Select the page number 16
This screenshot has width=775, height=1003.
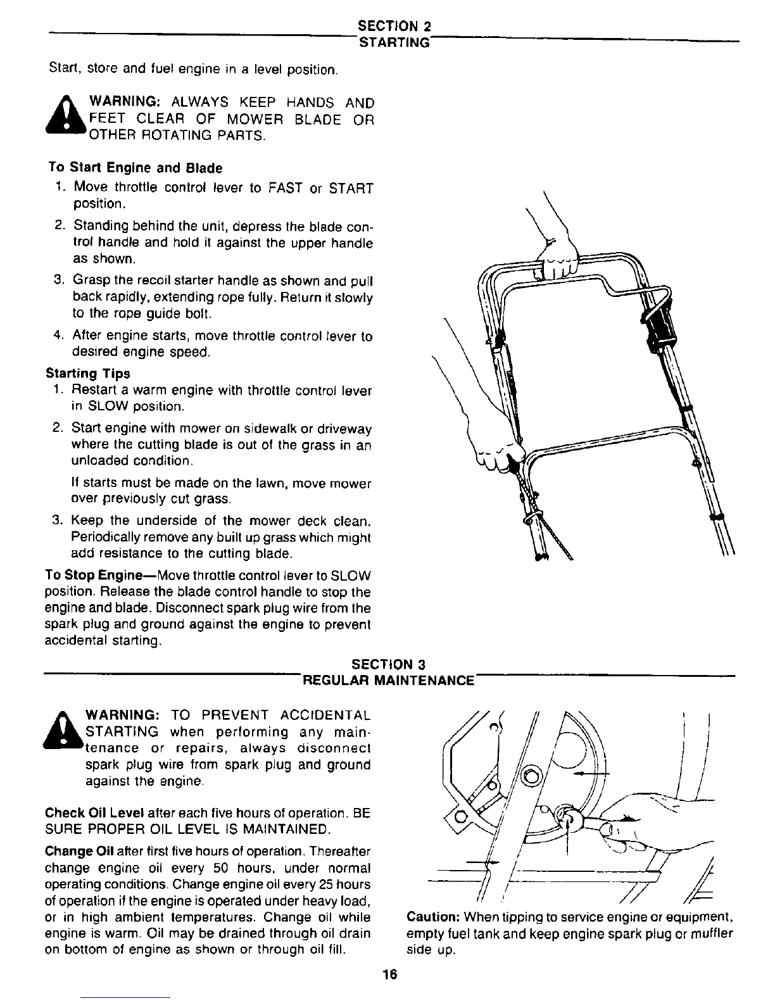(389, 975)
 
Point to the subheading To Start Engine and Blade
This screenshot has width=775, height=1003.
(135, 168)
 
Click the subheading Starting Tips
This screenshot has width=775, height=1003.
(88, 374)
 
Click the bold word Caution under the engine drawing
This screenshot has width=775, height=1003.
(433, 917)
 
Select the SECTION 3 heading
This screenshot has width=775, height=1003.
(389, 664)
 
